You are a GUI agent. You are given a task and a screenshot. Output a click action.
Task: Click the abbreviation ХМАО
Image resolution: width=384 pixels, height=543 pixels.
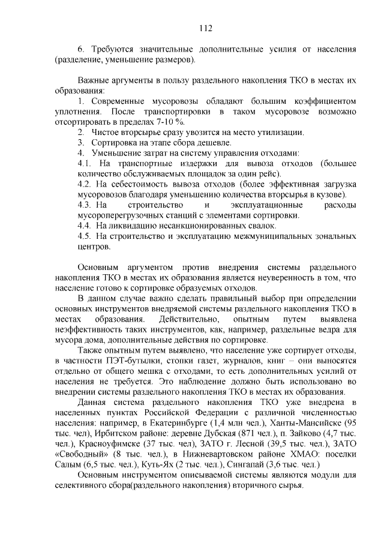point(290,454)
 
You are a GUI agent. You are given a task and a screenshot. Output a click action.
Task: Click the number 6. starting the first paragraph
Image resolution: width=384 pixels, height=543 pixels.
point(82,48)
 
